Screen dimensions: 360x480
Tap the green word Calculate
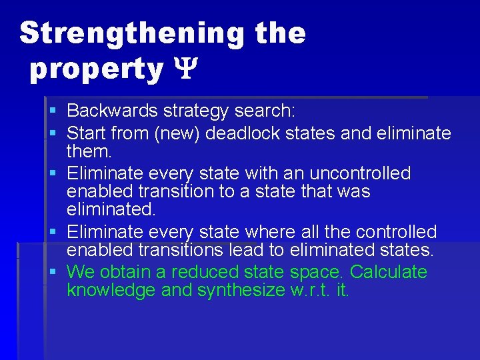click(388, 272)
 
